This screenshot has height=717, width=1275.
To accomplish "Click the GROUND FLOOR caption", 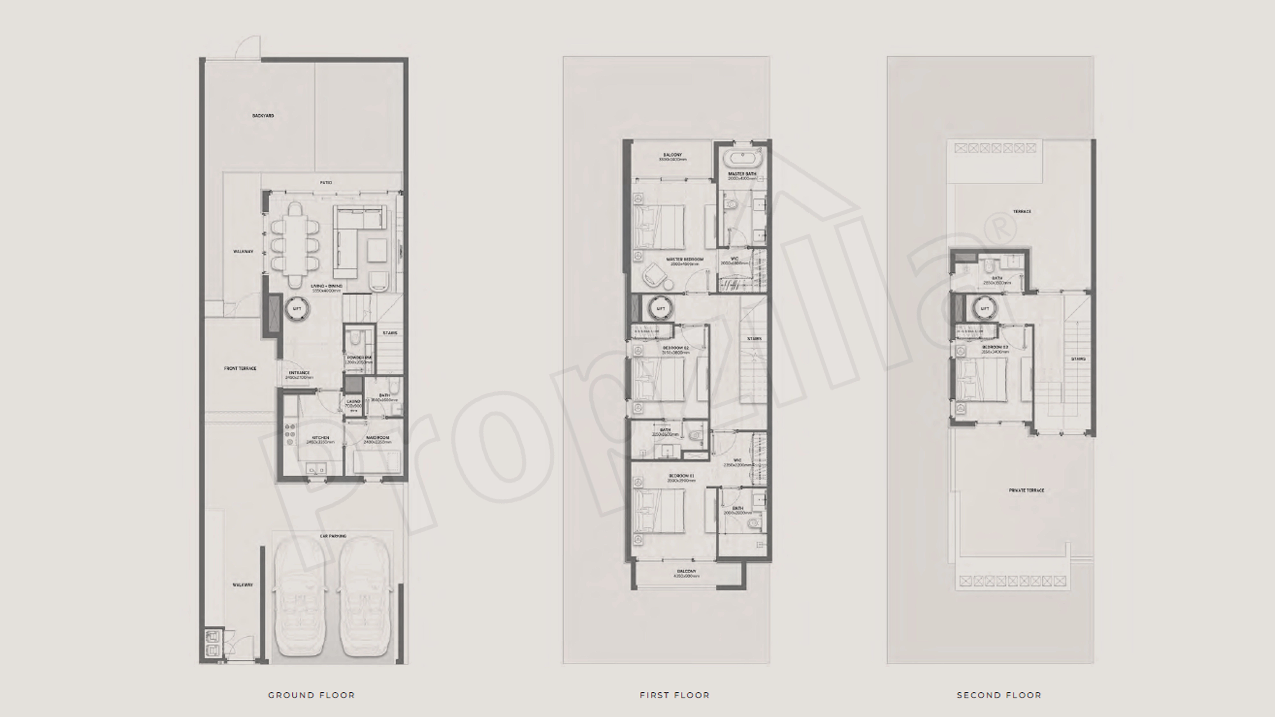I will click(311, 695).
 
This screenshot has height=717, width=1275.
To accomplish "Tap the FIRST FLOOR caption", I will click(674, 695).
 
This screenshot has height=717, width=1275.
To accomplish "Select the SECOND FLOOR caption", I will click(999, 695).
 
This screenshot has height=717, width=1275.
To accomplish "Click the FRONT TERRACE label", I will click(240, 369).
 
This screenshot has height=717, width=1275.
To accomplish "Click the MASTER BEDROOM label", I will click(684, 259).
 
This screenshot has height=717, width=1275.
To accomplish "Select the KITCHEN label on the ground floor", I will click(320, 438).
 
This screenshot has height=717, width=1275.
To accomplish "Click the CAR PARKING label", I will click(333, 536).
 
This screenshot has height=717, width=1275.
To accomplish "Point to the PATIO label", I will click(326, 183).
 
